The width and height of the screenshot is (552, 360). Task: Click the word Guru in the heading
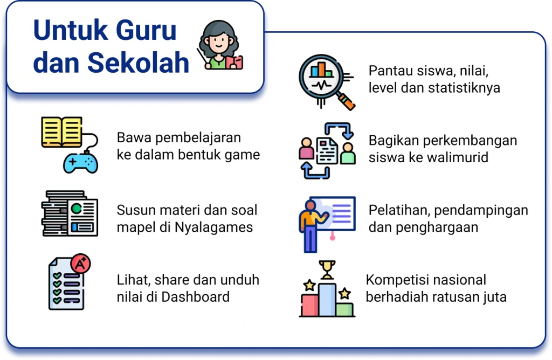click(x=146, y=30)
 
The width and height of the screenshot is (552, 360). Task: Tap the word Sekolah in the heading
click(x=138, y=63)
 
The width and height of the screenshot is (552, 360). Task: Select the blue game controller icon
click(x=81, y=163)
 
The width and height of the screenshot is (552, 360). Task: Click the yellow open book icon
click(x=61, y=132)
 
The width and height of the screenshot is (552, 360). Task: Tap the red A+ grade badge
click(x=80, y=263)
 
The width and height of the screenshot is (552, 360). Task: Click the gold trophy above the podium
click(x=327, y=269)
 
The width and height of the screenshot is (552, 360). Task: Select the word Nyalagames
click(x=213, y=227)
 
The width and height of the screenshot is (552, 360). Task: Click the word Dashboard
click(x=195, y=297)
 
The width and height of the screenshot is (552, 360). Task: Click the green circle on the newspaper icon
click(x=77, y=209)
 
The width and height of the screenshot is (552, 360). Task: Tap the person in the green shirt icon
click(x=348, y=153)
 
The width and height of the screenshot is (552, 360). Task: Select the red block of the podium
click(x=310, y=306)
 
